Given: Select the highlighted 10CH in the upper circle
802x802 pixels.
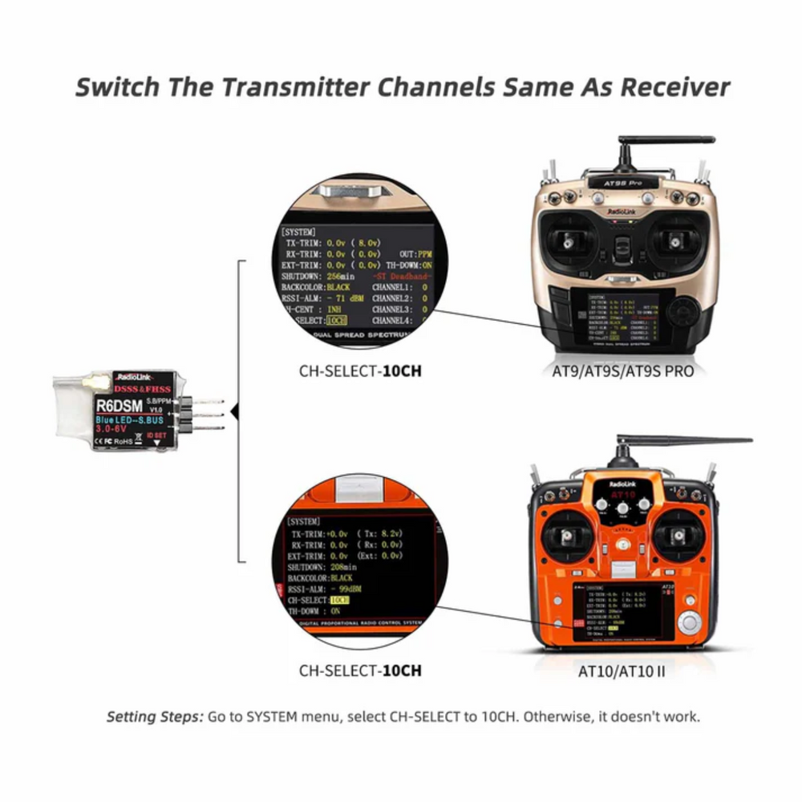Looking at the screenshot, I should [x=338, y=320].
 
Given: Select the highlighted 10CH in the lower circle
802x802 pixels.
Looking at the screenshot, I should [x=340, y=599].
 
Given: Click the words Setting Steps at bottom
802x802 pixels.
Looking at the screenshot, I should [x=155, y=716].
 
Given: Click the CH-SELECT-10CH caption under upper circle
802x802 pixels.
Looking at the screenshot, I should [x=360, y=371].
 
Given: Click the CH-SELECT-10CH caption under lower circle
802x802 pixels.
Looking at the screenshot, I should [x=360, y=670].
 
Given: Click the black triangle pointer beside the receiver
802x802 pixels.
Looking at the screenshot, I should [x=235, y=412].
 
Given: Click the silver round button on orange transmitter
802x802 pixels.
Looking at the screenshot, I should [x=688, y=622].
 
